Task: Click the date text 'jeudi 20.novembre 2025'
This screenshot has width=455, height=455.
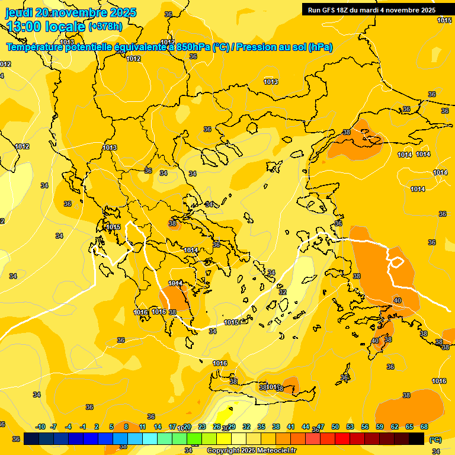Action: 71,12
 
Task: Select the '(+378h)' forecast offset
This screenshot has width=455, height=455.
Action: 105,27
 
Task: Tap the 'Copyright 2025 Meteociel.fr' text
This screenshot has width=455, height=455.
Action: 251,450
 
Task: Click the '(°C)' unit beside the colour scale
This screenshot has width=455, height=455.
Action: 435,440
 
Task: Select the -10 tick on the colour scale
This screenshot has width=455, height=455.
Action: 40,427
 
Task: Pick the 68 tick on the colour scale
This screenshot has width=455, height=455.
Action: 424,427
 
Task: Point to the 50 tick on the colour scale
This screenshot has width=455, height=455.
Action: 335,427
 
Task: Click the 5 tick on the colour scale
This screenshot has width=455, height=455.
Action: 111,427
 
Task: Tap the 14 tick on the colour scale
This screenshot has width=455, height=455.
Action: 158,427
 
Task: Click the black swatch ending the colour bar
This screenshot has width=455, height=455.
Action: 416,438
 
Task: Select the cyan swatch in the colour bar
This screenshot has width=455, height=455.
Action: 150,438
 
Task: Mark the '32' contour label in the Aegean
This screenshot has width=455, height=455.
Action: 283,292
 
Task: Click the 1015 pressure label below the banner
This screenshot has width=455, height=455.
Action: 444,20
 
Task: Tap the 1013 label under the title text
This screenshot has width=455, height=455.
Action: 67,42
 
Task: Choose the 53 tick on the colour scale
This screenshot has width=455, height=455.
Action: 350,427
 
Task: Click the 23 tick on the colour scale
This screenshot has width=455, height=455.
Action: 202,427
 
